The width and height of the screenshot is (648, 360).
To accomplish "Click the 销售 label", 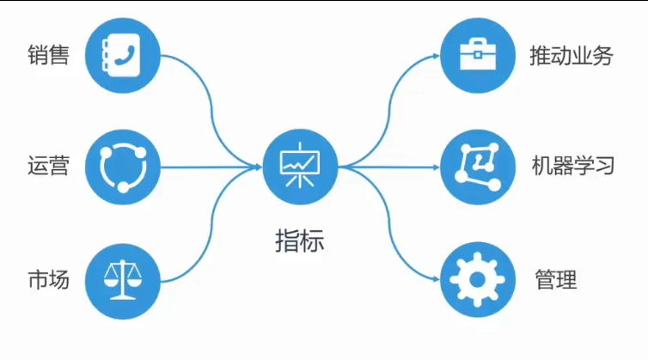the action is [48, 57].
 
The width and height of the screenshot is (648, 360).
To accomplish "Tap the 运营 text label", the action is [48, 165].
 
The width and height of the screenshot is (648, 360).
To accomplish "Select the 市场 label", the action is [48, 279].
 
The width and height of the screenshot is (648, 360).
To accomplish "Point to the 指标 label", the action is [300, 240].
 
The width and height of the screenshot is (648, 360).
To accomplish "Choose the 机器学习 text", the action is [573, 165].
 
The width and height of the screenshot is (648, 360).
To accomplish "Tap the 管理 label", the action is [555, 279].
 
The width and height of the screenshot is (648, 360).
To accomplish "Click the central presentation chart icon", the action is [300, 166].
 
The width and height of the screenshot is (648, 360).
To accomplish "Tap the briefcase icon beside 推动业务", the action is [478, 56].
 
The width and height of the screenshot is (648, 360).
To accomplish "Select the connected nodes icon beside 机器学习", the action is [478, 166].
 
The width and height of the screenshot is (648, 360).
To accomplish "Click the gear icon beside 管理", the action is [478, 279].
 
